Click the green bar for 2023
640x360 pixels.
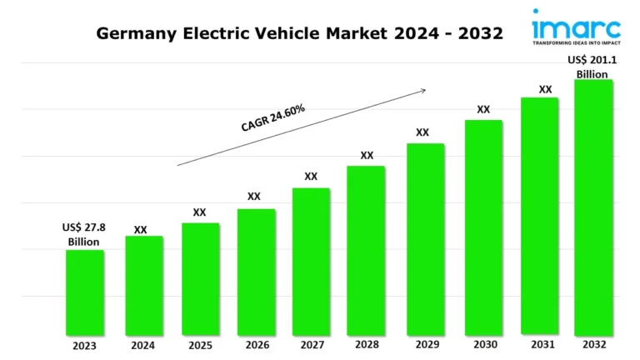(85, 292)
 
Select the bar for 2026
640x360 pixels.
(256, 271)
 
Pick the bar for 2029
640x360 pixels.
(425, 238)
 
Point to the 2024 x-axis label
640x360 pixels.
(142, 345)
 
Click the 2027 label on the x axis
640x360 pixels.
(312, 345)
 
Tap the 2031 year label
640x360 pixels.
(539, 345)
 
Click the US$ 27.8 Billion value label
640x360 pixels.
(83, 234)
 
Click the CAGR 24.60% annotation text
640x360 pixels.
(272, 118)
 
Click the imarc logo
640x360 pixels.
(575, 25)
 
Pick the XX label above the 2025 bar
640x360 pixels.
(200, 212)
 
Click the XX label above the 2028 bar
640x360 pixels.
(367, 155)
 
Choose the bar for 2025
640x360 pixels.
(200, 278)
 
